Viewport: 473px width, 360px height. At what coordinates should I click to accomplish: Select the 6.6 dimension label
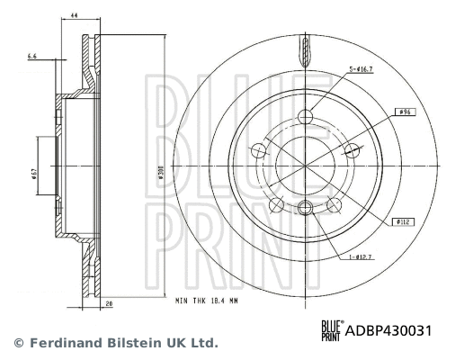coord(33,57)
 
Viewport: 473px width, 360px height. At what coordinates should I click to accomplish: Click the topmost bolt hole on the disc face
coord(307,115)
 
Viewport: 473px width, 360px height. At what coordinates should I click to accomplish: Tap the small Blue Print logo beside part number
coord(332,331)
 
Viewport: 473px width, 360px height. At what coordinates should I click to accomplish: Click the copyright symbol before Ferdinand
coord(17,343)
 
